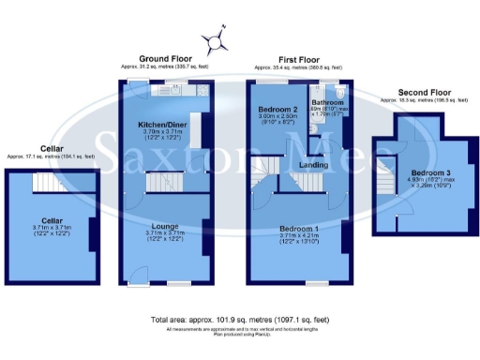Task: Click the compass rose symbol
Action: click(217, 39)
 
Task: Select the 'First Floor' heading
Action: click(298, 59)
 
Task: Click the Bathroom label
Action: click(328, 102)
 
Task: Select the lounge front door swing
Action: click(139, 274)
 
